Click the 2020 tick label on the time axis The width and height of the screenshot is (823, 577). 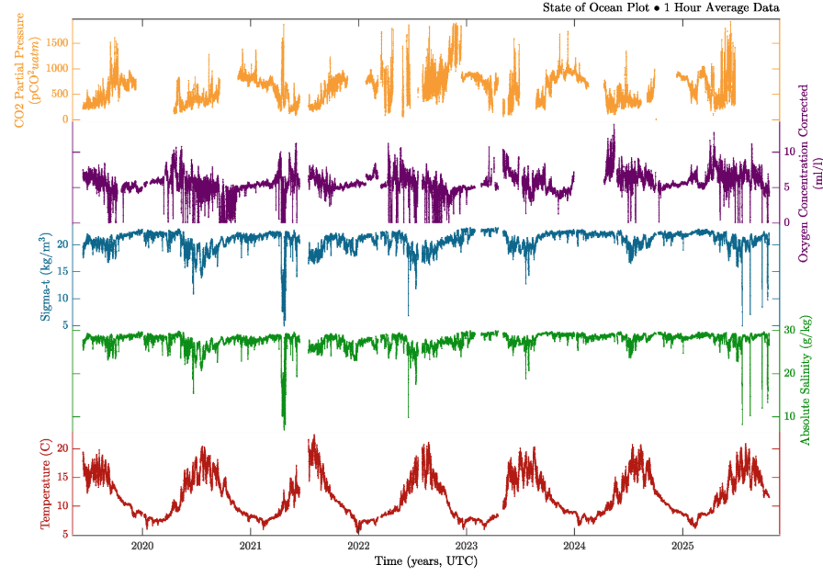(142, 546)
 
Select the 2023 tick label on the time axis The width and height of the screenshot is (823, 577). (467, 546)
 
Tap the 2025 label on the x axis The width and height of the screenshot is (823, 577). (682, 546)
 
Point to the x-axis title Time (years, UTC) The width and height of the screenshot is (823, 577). (426, 560)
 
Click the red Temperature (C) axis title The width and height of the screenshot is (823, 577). (45, 484)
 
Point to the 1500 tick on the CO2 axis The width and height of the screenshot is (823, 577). (57, 43)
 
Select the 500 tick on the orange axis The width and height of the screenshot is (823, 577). (61, 94)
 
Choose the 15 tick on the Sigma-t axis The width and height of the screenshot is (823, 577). (63, 271)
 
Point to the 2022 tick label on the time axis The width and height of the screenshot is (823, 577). (358, 546)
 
